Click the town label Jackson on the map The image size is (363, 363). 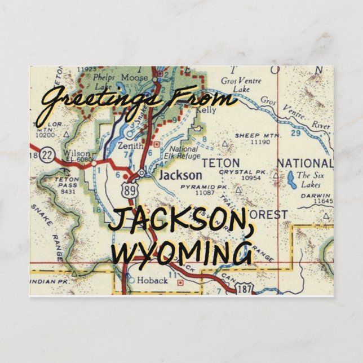[180, 175]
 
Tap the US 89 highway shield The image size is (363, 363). [132, 191]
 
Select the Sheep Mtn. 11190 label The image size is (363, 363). [255, 139]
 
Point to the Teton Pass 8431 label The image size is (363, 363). [68, 185]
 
